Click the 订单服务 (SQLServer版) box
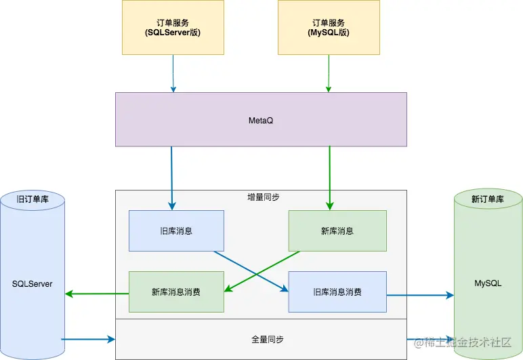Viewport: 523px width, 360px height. tap(173, 27)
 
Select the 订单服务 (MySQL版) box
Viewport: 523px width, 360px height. tap(329, 27)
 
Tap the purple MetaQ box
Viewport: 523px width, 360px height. tap(261, 119)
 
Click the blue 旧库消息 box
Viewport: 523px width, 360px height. tap(176, 231)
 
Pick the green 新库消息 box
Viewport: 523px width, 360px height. tap(337, 231)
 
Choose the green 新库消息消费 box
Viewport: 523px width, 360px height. tap(176, 292)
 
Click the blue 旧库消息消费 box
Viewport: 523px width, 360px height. tap(337, 292)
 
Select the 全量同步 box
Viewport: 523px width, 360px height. tap(261, 338)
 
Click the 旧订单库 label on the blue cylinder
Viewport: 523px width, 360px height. tap(32, 199)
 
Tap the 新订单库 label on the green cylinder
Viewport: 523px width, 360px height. tap(488, 199)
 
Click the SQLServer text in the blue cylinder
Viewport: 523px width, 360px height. tap(32, 283)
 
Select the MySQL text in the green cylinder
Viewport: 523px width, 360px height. tap(488, 283)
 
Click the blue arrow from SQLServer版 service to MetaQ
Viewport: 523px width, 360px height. tap(173, 73)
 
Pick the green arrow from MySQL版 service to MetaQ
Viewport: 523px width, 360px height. tap(329, 73)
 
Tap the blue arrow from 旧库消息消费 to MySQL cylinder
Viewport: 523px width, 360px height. tap(420, 295)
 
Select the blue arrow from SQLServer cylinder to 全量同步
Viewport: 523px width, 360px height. tap(88, 338)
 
